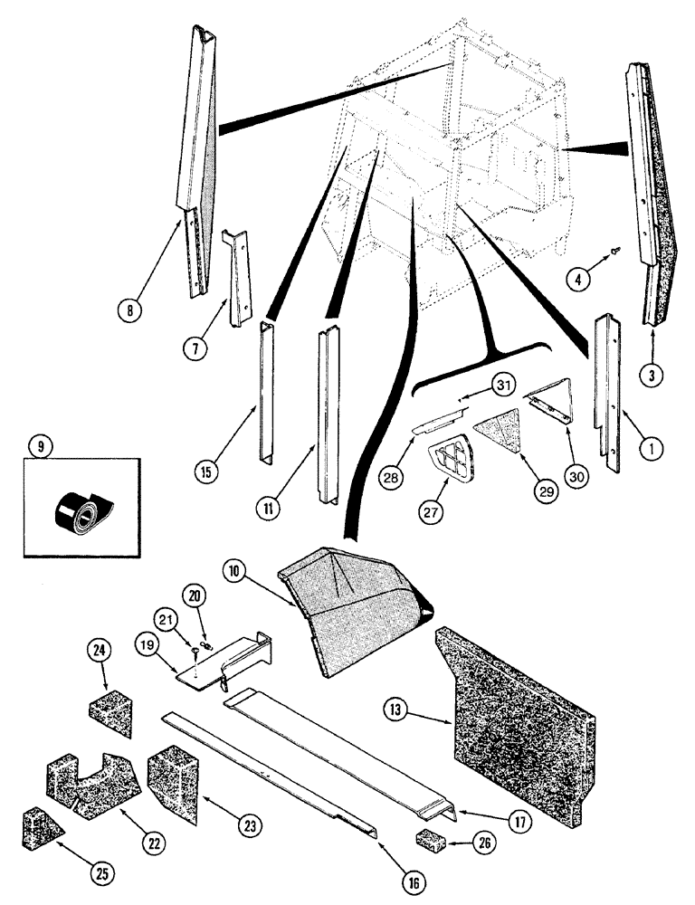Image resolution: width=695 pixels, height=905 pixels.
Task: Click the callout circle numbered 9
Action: (37, 445)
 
